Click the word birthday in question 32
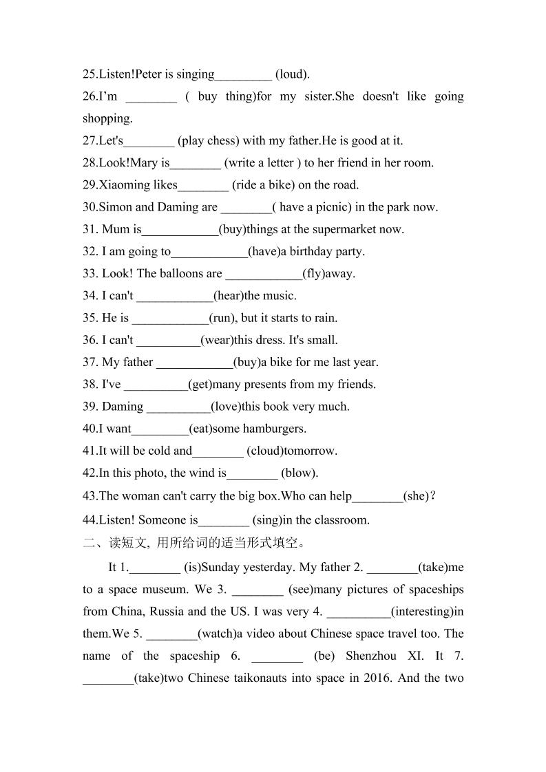(307, 251)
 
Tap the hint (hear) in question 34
(229, 296)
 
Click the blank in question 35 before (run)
(170, 318)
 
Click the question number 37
(91, 362)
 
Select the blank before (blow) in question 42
(252, 473)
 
